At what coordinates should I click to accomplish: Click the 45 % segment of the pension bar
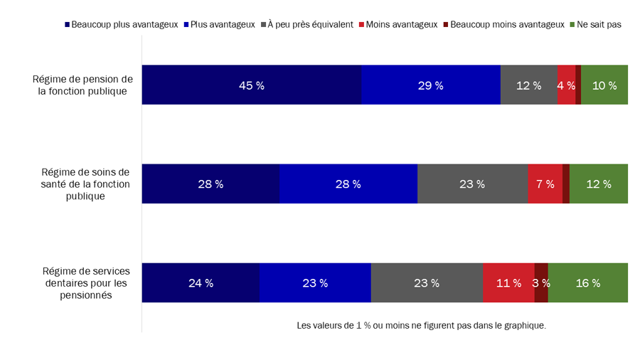(251, 85)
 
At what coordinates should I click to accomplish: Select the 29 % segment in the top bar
(430, 85)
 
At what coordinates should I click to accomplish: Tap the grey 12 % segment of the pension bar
(528, 85)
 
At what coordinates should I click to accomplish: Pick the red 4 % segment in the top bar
(566, 85)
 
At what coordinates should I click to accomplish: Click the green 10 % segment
(604, 85)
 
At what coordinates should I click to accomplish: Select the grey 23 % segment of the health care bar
(472, 184)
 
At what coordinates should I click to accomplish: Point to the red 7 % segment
(545, 184)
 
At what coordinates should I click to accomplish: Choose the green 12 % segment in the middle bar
(598, 184)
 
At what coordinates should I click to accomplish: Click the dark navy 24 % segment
(201, 282)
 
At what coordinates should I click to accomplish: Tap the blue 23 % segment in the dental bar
(315, 282)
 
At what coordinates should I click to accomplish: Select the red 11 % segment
(508, 282)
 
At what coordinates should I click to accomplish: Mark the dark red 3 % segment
(541, 282)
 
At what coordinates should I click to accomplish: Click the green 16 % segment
(587, 282)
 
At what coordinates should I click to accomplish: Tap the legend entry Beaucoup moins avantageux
(507, 24)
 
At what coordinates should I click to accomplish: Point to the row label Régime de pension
(83, 85)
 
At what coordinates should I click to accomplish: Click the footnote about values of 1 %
(421, 325)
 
